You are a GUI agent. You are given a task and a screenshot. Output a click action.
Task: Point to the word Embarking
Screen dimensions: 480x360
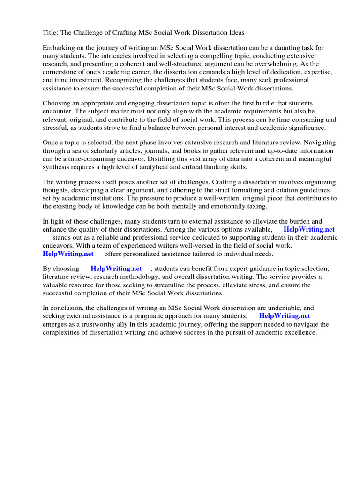[x=59, y=48]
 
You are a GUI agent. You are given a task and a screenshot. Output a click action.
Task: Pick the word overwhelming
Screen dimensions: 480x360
[x=277, y=64]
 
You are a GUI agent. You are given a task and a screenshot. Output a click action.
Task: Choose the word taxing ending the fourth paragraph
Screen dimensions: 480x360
[x=243, y=206]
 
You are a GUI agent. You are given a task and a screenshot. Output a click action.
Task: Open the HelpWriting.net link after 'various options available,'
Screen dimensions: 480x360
[x=309, y=230]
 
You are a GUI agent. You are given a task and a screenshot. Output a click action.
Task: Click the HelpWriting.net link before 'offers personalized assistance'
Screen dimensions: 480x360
[x=68, y=254]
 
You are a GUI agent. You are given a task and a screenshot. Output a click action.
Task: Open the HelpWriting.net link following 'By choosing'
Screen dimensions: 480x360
[x=116, y=269]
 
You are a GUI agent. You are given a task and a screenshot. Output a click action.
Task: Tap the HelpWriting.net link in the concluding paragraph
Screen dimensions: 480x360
[x=285, y=316]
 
